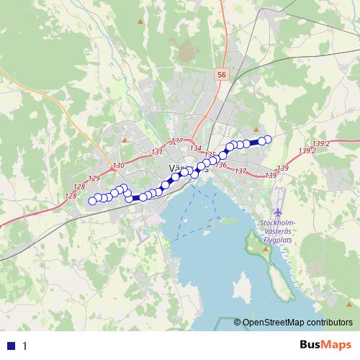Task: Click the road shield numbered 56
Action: click(221, 74)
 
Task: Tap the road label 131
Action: click(158, 152)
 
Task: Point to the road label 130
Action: click(119, 166)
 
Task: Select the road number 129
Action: click(93, 178)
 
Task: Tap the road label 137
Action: click(240, 171)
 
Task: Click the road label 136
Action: click(221, 166)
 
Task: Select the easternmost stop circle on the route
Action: click(268, 139)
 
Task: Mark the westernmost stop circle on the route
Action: click(92, 201)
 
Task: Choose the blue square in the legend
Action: click(12, 346)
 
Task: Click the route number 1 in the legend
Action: click(24, 346)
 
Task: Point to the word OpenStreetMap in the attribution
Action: click(273, 323)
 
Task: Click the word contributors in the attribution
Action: click(330, 323)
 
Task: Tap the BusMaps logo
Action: click(325, 345)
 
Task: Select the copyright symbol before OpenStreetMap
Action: click(237, 323)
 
